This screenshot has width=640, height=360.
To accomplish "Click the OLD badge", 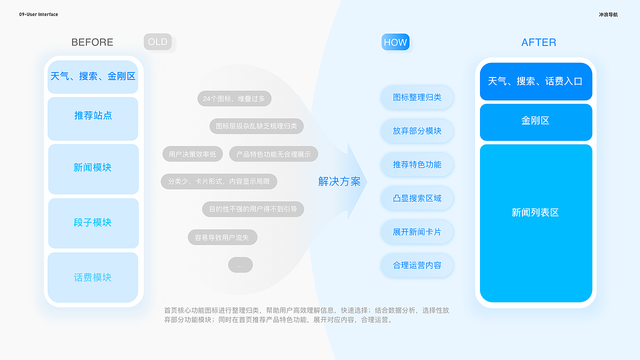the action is [x=157, y=42].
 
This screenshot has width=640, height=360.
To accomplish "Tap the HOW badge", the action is [x=395, y=42].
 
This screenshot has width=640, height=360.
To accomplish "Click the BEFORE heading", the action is [x=92, y=42].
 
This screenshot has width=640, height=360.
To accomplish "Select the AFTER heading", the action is [x=538, y=42].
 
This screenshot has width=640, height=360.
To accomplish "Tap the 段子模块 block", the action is [x=93, y=223].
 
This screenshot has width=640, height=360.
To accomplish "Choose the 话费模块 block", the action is [x=93, y=277].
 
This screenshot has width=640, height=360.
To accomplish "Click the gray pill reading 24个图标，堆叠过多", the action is [x=234, y=98].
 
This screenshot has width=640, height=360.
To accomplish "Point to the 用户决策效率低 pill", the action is [x=192, y=154].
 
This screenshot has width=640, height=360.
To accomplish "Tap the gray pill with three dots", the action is [x=240, y=265].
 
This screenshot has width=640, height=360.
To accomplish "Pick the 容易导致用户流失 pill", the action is [x=222, y=237].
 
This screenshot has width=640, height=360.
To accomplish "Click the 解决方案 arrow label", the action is [x=339, y=181].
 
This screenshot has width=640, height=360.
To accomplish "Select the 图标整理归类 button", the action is [x=417, y=97].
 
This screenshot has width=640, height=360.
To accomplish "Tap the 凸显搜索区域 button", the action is [x=417, y=198].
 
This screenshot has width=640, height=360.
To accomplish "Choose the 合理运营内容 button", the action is [x=417, y=265].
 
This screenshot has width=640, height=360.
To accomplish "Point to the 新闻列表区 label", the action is [x=535, y=212].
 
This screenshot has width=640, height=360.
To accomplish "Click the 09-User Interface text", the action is [x=38, y=14].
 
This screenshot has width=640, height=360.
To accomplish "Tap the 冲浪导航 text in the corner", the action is [x=608, y=14].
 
